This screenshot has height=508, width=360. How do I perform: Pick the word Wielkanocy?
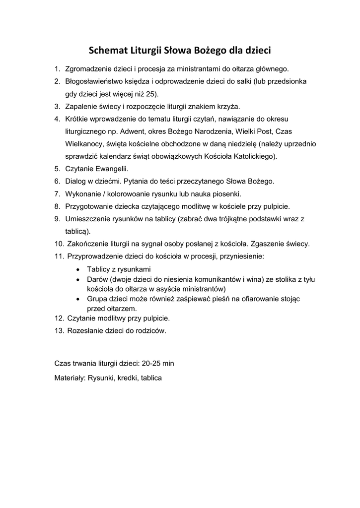click(83, 144)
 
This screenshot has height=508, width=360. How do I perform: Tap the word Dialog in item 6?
click(76, 182)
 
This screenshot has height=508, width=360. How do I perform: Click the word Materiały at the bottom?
click(70, 378)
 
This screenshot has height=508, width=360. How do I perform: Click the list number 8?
click(57, 206)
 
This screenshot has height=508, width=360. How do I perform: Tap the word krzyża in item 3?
click(228, 106)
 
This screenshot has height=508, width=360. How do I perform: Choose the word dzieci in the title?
click(257, 50)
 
